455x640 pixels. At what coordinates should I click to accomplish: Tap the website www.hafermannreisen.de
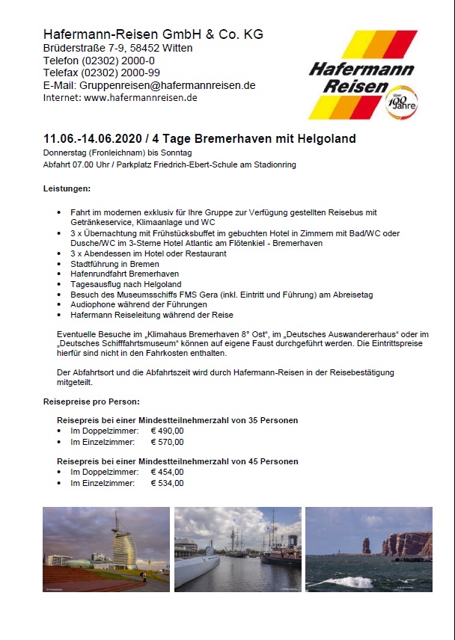pos(141,97)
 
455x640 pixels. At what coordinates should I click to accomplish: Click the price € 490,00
pos(167,431)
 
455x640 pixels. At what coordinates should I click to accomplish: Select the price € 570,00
pos(167,441)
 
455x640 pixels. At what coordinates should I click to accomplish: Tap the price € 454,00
pos(167,472)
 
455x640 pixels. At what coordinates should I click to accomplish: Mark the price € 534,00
pos(167,483)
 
